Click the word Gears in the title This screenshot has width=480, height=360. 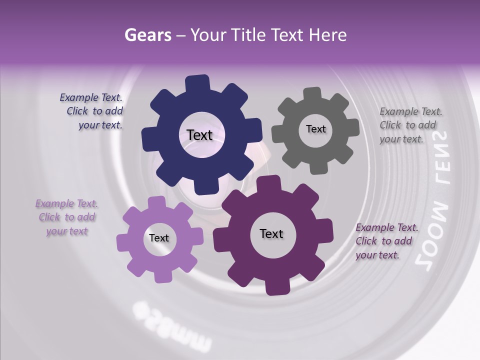147,35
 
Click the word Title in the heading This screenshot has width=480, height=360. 248,35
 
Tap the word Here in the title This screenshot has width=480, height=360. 328,35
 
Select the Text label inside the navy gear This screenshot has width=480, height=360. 199,135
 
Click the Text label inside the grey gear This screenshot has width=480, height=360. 315,129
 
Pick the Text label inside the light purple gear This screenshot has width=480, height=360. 159,238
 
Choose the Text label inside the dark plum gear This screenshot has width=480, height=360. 271,233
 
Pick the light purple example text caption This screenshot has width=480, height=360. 67,217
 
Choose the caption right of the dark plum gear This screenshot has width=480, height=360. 385,241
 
